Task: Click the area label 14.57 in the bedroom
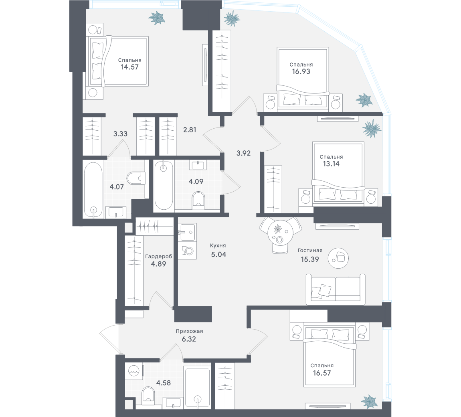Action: point(129,67)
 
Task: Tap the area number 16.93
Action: point(301,72)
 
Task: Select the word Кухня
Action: point(218,246)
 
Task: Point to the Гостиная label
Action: point(310,251)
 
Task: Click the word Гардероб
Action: point(159,256)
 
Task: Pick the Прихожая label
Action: point(189,331)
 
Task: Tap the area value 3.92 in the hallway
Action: point(243,153)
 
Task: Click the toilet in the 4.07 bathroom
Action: point(135,178)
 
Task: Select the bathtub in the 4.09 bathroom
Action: point(164,185)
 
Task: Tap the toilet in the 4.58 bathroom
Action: point(148,394)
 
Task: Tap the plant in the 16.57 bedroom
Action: point(368,401)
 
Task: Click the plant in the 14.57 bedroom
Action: point(157,18)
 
